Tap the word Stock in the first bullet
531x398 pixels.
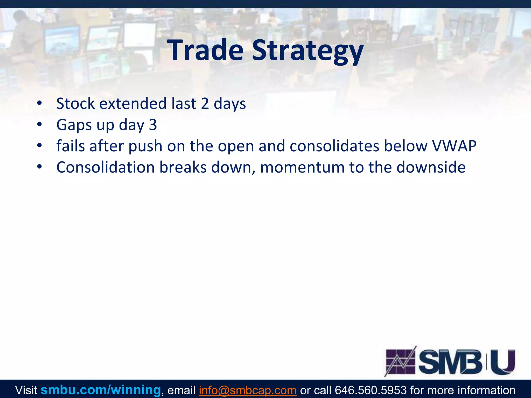point(75,104)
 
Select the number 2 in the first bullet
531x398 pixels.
point(205,104)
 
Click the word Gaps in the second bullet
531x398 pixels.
point(74,125)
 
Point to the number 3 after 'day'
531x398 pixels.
point(153,125)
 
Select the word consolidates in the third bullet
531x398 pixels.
point(334,146)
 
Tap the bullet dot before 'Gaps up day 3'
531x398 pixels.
point(39,125)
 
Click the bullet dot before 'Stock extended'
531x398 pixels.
point(39,103)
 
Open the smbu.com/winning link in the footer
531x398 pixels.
point(101,390)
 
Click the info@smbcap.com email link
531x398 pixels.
point(248,390)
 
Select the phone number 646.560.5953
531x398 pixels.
point(371,390)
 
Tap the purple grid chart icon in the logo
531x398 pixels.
point(401,361)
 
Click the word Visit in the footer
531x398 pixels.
point(26,390)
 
